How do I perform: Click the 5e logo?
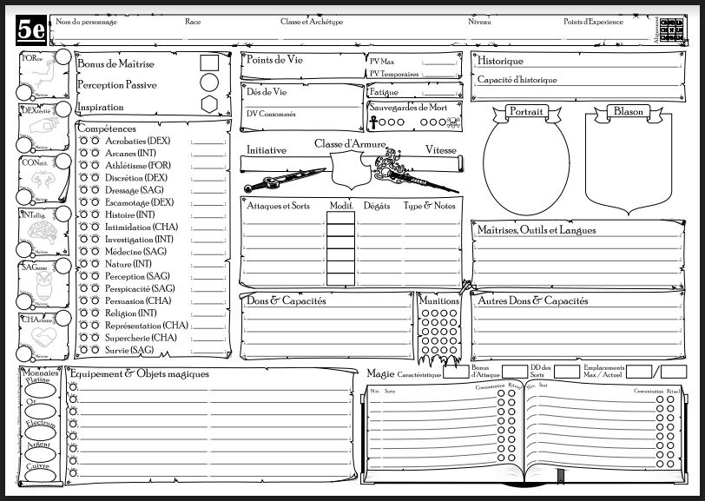click(31, 30)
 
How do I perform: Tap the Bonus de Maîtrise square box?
click(208, 63)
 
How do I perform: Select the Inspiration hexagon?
click(208, 104)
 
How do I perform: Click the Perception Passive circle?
click(208, 83)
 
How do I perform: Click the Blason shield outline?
click(628, 165)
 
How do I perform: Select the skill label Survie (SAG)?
click(129, 350)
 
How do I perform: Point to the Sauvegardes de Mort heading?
click(405, 108)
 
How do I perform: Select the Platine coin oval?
click(38, 389)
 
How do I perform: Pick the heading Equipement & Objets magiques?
click(140, 373)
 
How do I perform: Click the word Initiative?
click(267, 150)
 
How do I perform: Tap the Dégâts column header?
click(377, 206)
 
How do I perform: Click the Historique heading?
click(500, 61)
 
